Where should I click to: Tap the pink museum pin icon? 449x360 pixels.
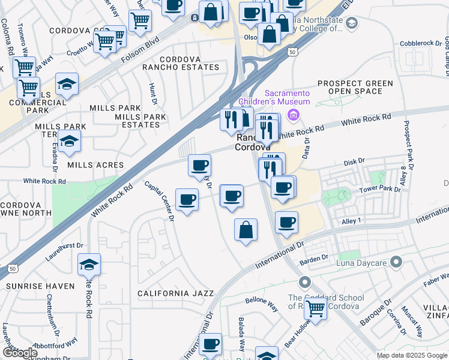[x=294, y=115]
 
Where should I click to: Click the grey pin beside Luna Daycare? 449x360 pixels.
[x=396, y=262]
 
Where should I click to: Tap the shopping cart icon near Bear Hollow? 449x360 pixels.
[x=315, y=309]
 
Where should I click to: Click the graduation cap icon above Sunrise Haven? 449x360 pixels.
[x=89, y=264]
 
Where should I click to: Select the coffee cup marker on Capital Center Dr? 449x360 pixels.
[x=187, y=199]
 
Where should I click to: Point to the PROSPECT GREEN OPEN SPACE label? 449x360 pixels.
[x=349, y=88]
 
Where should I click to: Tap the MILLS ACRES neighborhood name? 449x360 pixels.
[x=95, y=165]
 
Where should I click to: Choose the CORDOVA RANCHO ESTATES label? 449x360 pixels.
[x=181, y=64]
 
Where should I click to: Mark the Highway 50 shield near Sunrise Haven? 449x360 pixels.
[x=13, y=269]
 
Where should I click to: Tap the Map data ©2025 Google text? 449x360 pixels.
[x=411, y=355]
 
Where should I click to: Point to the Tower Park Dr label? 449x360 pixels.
[x=379, y=189]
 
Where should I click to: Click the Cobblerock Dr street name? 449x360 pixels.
[x=421, y=44]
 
